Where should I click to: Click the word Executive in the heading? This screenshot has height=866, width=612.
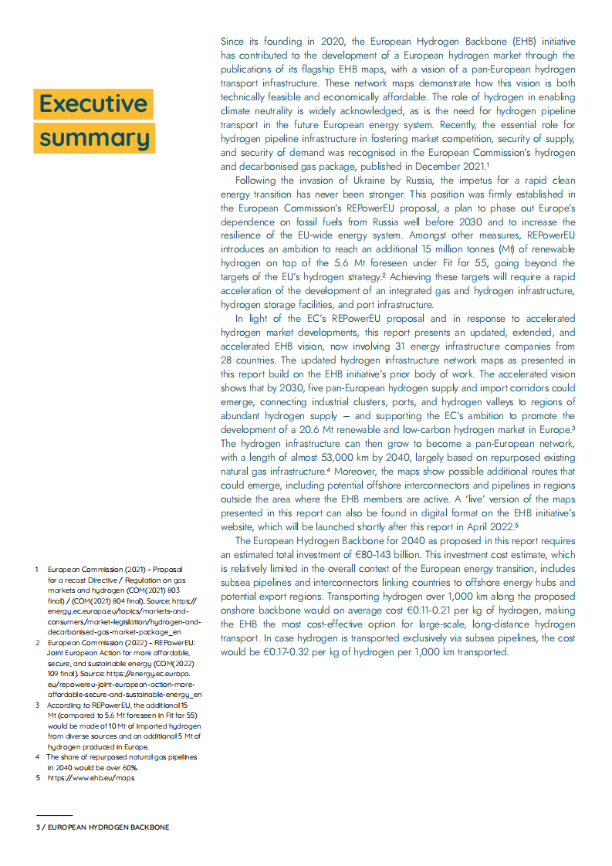pyautogui.click(x=93, y=104)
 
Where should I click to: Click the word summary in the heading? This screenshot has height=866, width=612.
pyautogui.click(x=94, y=138)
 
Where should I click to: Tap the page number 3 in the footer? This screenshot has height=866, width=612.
pyautogui.click(x=37, y=827)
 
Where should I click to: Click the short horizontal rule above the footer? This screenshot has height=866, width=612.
pyautogui.click(x=54, y=815)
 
